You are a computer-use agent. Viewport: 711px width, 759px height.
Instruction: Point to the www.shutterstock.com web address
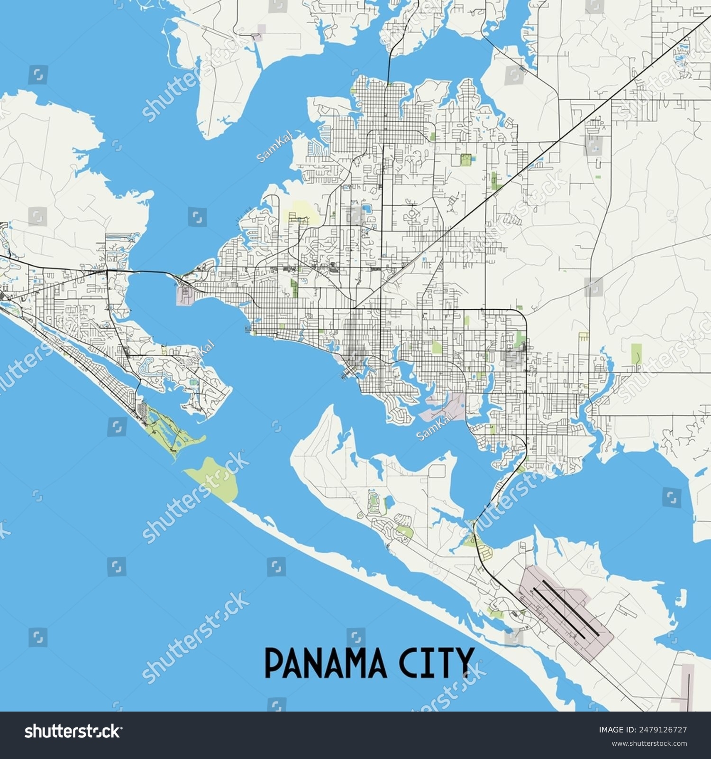point(649,743)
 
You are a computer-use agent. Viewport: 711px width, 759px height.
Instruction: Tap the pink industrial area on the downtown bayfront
point(446,407)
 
